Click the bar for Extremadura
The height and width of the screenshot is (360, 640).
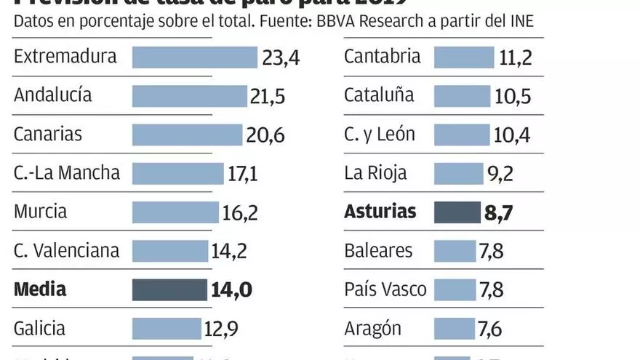pos(194,57)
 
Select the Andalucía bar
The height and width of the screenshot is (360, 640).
pos(189,95)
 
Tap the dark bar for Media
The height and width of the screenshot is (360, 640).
pos(169,289)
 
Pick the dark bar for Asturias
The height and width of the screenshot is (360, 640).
pos(457,212)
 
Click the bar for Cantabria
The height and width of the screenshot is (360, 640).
pos(463,57)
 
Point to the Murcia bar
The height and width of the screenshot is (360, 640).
pos(175,212)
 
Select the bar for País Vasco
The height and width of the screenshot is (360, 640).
pos(455,289)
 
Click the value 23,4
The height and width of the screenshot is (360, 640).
pos(281,57)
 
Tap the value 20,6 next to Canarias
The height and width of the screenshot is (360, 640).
pos(265,135)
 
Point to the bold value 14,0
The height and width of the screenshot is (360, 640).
pos(231,289)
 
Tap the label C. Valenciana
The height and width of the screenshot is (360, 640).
pos(66,251)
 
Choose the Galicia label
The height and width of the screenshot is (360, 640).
pos(39,328)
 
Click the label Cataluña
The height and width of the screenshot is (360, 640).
pos(379,95)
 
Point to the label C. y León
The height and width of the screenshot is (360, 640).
pos(380,135)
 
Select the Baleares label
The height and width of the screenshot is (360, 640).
pos(378,251)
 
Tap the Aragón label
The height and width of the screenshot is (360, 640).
pos(372,328)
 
